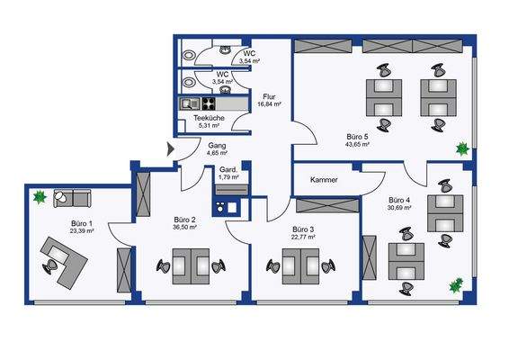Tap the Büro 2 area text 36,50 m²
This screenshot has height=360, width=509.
(x=184, y=228)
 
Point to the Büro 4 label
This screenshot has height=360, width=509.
(x=400, y=199)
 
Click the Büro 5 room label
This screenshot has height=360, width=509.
(x=358, y=135)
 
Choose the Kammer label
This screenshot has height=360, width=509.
(x=325, y=179)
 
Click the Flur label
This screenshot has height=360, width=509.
(x=269, y=96)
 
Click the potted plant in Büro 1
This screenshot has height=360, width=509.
(x=40, y=197)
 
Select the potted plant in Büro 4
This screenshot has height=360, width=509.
(x=456, y=287)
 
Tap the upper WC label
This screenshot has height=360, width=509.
(x=248, y=53)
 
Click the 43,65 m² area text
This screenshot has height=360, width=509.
(x=358, y=144)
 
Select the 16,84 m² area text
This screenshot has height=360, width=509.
(x=271, y=104)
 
